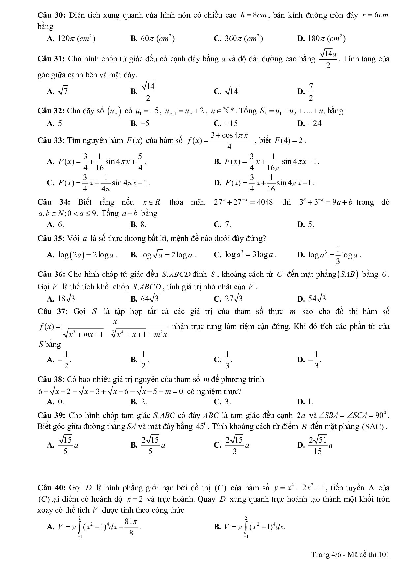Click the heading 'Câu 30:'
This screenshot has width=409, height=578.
click(x=51, y=15)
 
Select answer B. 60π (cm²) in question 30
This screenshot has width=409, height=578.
click(x=153, y=39)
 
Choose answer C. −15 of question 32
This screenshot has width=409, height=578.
click(x=226, y=123)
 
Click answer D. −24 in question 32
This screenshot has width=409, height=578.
click(x=309, y=123)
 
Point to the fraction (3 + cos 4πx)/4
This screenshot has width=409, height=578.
click(x=229, y=141)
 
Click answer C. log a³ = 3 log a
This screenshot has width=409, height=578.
click(x=245, y=255)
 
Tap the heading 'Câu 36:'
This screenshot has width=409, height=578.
click(x=51, y=274)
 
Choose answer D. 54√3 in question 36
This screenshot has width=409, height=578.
click(x=312, y=299)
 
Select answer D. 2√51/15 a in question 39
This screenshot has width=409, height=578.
click(x=315, y=445)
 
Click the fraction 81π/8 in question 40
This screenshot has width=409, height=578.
click(x=131, y=527)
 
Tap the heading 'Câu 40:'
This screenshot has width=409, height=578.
click(x=51, y=488)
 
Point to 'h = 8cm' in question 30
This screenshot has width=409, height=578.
click(x=253, y=15)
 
